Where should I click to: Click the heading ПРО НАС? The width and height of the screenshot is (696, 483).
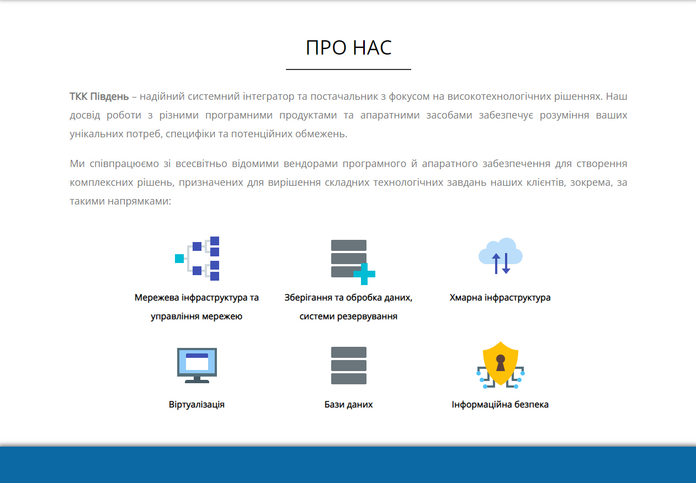348,47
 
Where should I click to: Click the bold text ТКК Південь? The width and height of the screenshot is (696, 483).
99,96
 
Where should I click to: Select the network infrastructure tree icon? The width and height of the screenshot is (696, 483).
197,258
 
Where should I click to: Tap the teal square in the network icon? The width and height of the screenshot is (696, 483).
179,258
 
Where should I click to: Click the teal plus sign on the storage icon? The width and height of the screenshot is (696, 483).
364,274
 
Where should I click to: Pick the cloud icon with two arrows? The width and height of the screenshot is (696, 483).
500,256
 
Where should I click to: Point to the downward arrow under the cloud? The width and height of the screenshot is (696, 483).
506,264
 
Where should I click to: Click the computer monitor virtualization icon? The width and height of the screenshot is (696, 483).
197,366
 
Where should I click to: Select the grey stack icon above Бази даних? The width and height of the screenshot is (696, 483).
349,366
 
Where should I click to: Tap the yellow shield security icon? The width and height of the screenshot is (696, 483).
500,363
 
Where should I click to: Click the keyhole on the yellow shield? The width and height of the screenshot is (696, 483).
500,363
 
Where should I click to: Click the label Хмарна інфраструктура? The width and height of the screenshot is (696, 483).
500,297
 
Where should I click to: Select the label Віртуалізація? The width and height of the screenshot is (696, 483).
196,405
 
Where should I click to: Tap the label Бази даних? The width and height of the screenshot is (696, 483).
348,405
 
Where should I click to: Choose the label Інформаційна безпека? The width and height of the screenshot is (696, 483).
500,405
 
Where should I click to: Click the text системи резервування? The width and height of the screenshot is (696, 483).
348,316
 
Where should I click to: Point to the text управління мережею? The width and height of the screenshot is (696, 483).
196,316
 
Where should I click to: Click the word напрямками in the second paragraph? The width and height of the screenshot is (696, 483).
140,201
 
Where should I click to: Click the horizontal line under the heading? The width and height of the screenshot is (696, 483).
348,69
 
